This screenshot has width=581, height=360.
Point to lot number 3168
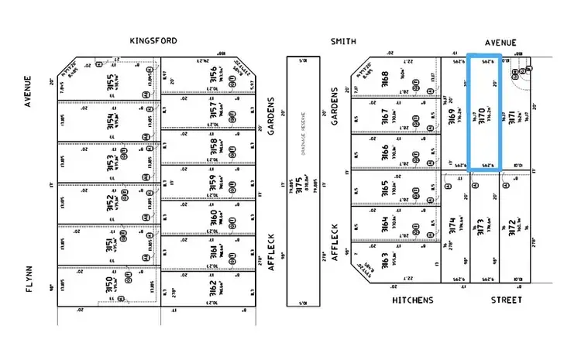tap(384, 79)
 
